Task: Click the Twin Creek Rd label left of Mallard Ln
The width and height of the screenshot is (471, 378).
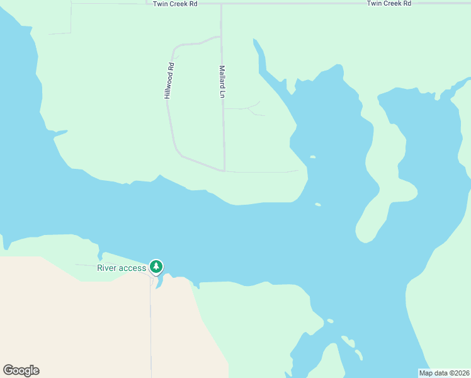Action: tap(176, 4)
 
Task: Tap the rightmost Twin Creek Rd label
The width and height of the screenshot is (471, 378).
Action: tap(389, 4)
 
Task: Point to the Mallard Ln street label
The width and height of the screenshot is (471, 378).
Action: tap(222, 82)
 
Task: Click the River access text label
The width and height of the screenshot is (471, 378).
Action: tap(122, 268)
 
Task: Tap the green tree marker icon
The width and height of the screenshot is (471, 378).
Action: tap(156, 267)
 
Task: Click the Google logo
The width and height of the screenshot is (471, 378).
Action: tap(21, 370)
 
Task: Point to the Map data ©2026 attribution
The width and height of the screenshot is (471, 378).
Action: tap(444, 373)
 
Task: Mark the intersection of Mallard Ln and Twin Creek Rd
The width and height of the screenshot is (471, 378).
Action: tap(221, 4)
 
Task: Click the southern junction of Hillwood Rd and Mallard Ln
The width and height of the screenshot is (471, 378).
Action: tap(224, 170)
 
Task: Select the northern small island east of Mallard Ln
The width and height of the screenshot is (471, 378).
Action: tap(312, 157)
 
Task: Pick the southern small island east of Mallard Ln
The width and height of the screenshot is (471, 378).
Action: tap(318, 204)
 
